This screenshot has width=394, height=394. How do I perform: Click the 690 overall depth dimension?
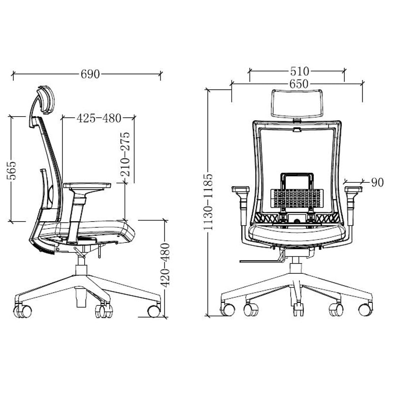point(90,74)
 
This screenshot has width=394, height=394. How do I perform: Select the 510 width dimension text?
point(299,71)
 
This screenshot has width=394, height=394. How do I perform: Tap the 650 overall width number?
point(299,84)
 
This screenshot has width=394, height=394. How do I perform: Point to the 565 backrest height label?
point(11,170)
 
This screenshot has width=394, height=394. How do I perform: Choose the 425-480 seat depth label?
point(99,118)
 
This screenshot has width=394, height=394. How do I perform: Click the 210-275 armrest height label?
point(125,154)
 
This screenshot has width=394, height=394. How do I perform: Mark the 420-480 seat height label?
point(165,265)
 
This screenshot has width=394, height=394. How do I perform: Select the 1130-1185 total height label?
point(208,202)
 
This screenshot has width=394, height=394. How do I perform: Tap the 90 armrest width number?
point(377,182)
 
